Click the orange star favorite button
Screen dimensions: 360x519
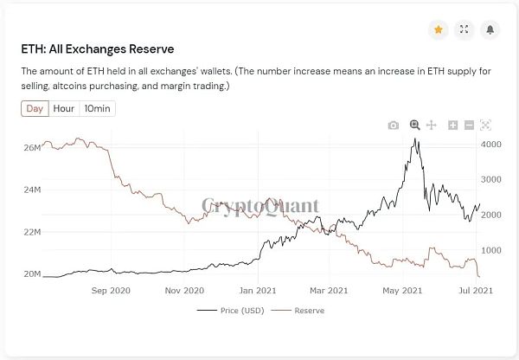click(x=439, y=29)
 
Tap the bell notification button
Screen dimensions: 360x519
click(x=490, y=29)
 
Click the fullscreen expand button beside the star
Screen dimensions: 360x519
click(x=465, y=29)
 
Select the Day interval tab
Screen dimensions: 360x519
click(x=35, y=108)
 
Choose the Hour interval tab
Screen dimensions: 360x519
click(x=63, y=108)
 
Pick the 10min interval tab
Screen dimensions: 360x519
click(x=96, y=108)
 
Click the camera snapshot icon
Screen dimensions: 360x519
click(x=394, y=125)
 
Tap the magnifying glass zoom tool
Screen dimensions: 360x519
click(x=415, y=125)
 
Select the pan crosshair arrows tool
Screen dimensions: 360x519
click(x=432, y=125)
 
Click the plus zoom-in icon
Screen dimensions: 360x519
click(x=453, y=125)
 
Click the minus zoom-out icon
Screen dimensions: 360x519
click(x=469, y=125)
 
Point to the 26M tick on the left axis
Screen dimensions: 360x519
click(x=31, y=148)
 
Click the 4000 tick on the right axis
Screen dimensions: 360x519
click(x=490, y=145)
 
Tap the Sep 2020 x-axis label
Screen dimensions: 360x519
click(x=110, y=291)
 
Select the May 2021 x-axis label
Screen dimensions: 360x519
click(x=401, y=291)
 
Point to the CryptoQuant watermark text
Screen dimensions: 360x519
click(x=259, y=206)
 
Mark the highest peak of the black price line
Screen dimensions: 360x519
click(x=416, y=138)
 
